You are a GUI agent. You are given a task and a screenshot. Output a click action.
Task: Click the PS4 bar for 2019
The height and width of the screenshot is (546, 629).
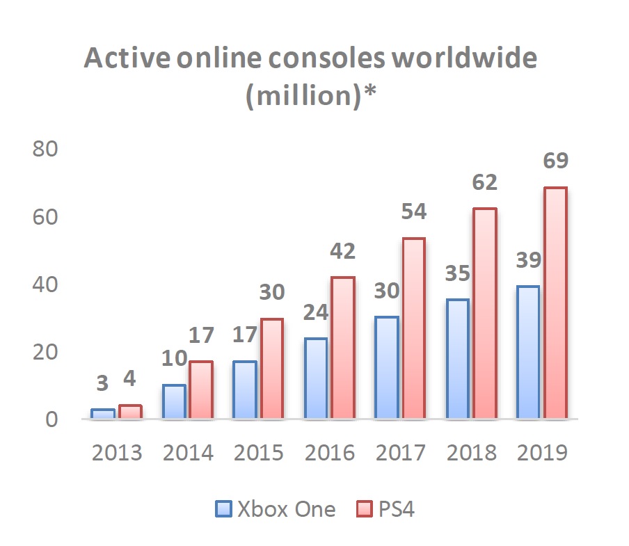(555, 303)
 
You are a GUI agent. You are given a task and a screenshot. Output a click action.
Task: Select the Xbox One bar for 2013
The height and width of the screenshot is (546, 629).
(102, 414)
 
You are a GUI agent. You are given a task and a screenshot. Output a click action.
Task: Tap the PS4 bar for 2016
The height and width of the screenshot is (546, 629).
(342, 348)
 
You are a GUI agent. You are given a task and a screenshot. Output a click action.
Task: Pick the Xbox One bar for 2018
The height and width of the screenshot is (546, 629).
(457, 359)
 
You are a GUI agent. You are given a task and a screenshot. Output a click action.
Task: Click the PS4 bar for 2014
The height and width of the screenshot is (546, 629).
(200, 390)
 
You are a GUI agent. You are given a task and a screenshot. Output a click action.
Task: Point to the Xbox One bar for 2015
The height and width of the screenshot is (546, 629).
(244, 390)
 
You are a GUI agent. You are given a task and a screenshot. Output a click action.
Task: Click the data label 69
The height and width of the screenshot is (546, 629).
(555, 161)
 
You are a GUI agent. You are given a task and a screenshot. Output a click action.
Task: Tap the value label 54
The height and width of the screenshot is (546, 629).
(413, 211)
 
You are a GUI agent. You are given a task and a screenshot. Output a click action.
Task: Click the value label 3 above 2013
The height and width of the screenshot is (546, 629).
(102, 383)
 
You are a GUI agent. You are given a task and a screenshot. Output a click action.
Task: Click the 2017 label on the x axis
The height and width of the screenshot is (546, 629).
(400, 453)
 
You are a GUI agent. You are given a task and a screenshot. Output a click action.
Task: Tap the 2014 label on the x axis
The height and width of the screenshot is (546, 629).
(188, 453)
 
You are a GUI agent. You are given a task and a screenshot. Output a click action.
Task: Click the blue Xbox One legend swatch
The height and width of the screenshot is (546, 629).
(223, 510)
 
